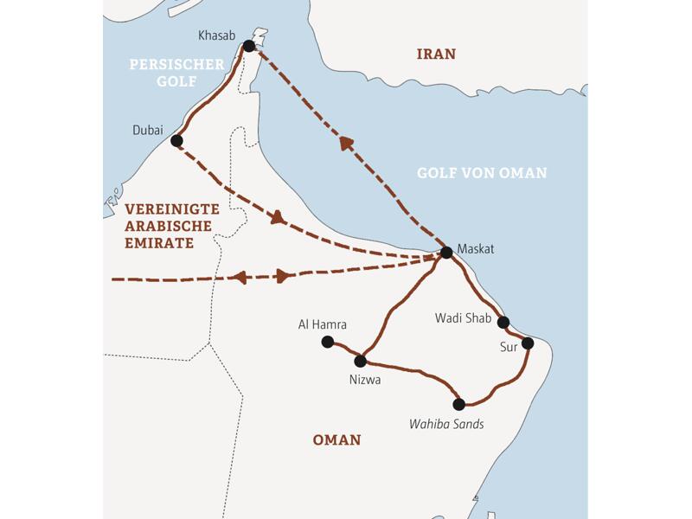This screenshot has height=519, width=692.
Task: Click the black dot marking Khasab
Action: (249, 46)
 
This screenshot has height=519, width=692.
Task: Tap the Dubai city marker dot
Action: (176, 140)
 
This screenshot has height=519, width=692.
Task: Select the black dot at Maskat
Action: (446, 253)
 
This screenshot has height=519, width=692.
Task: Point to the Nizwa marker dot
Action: (361, 361)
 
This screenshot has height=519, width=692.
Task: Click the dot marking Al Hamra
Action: (327, 343)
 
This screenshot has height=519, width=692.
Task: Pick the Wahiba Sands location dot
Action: (459, 404)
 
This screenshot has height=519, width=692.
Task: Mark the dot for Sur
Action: (528, 343)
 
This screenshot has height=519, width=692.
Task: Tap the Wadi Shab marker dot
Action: (503, 323)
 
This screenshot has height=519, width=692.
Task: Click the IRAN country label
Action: (436, 54)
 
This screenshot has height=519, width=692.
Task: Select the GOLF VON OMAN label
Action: (482, 173)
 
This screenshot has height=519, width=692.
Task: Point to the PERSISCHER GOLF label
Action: (176, 73)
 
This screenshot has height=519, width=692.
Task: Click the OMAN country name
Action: (336, 440)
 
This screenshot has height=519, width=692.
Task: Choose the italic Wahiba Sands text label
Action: (446, 424)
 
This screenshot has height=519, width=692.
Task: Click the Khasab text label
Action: (216, 35)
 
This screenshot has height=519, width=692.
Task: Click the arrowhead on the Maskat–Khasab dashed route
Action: (347, 143)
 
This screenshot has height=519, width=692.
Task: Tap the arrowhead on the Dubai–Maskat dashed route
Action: (278, 218)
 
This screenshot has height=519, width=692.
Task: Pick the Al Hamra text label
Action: (322, 324)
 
